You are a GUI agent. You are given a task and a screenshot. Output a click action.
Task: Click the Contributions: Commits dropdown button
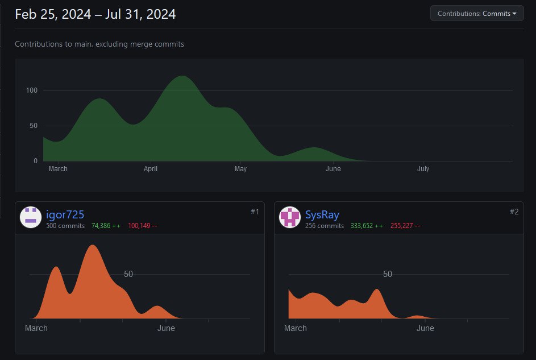coord(477,14)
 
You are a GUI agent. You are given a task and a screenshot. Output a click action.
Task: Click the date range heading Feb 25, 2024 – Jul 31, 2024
coord(95,14)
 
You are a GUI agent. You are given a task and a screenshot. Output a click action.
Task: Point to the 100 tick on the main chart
coord(31,90)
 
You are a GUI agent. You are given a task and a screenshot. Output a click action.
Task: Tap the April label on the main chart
coord(151,169)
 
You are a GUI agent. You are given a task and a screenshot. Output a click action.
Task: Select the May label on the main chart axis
coord(240,169)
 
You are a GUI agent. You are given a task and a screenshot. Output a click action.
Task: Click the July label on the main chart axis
coord(423,169)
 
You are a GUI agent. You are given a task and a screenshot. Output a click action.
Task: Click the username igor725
coord(65,214)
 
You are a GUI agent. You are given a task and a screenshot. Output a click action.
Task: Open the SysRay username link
coord(322,214)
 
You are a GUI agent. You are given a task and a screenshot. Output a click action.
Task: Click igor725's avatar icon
coord(31,217)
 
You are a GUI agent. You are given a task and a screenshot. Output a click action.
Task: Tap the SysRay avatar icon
coord(290,217)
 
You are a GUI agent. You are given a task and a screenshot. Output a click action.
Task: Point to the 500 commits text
coord(65,226)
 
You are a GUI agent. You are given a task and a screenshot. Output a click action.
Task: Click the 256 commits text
coord(325,226)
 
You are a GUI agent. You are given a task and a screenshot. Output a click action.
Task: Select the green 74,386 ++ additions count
coord(106,226)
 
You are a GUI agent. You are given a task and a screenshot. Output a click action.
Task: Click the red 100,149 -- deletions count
coord(143,226)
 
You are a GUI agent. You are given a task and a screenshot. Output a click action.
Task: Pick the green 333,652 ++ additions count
coord(367,226)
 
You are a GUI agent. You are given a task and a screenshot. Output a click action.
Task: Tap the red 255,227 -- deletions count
coord(405,226)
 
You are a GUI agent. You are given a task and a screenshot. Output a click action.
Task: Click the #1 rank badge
coord(255,212)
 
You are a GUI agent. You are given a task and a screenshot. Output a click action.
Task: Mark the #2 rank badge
coord(514,212)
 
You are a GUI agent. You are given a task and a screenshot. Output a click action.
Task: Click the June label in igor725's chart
coord(166,328)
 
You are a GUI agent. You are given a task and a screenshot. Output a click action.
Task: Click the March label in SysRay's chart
coord(296,328)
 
